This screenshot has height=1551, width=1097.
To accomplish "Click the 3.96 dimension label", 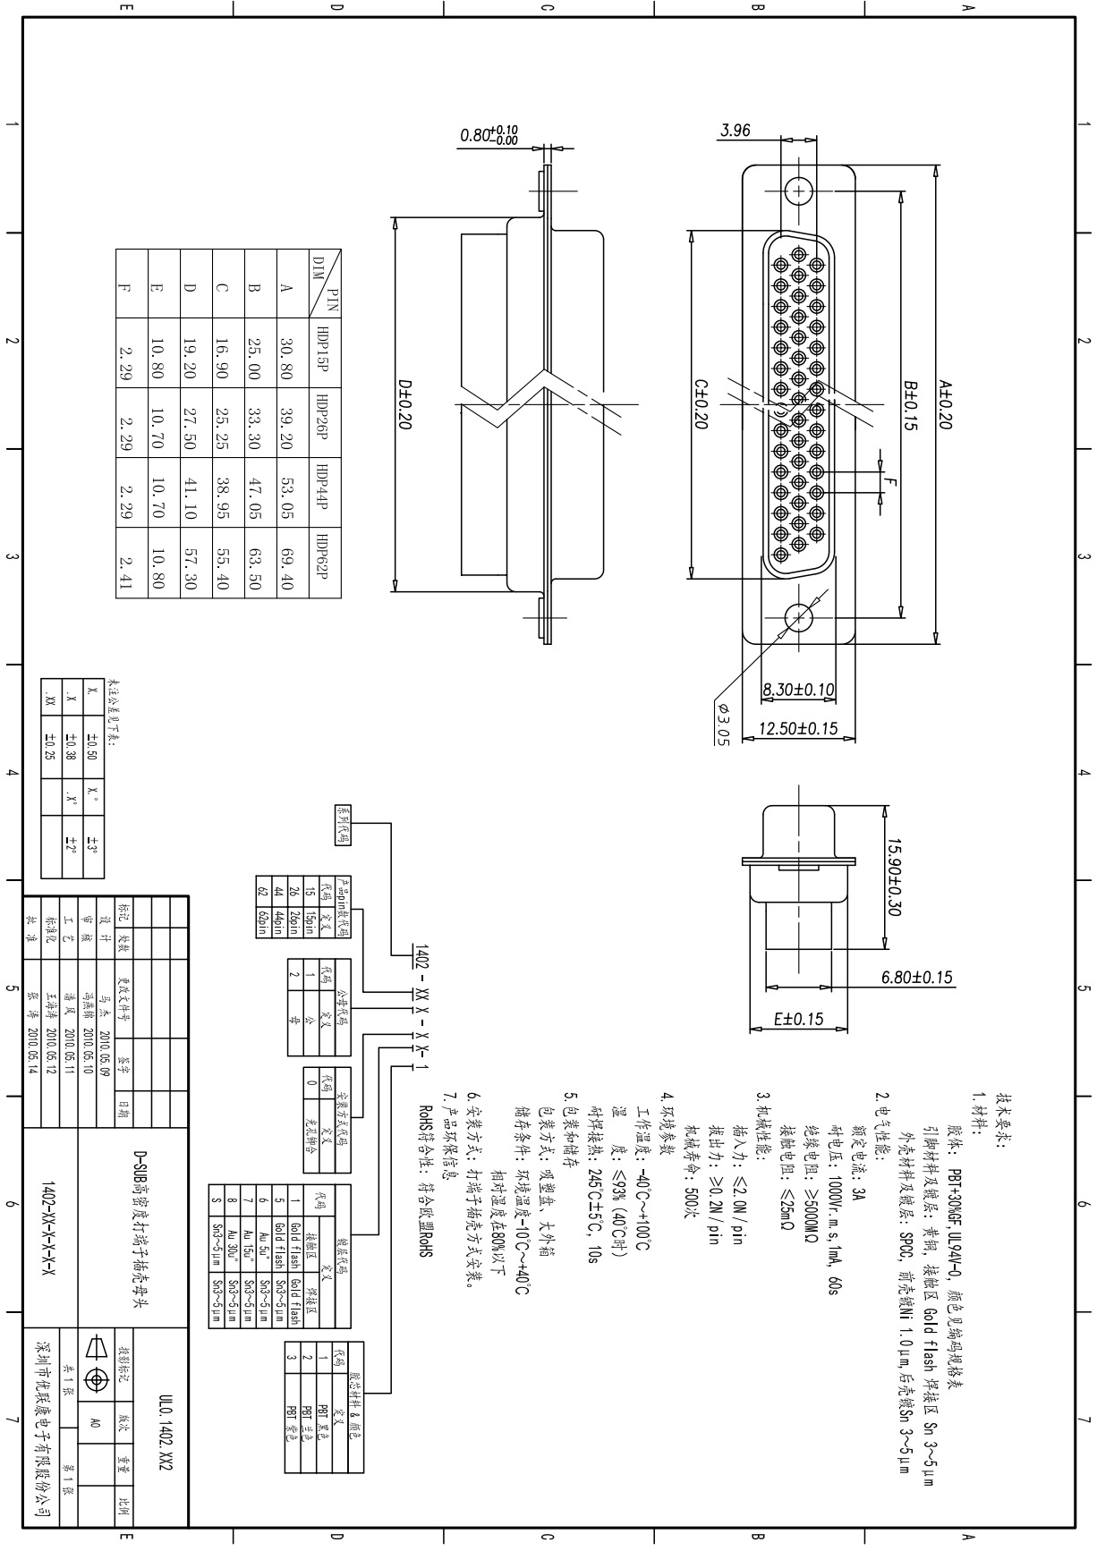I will tap(735, 131).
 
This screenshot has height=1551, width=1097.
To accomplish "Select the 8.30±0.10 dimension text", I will tap(798, 690).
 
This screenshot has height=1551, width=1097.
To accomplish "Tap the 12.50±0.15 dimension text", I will tap(798, 728).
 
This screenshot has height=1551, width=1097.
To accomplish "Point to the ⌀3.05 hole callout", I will tap(723, 723).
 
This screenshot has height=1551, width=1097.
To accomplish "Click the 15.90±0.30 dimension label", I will tap(893, 877).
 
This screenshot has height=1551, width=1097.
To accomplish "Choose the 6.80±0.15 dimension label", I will tap(917, 977).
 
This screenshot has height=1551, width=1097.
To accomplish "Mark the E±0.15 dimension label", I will tap(798, 1019).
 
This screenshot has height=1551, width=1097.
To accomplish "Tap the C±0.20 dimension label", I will tap(702, 403).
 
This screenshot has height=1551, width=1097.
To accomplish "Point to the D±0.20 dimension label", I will tap(404, 405).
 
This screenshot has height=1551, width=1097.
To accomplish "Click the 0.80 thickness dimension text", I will tap(489, 135).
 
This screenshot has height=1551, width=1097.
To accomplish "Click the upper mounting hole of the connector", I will tap(797, 191).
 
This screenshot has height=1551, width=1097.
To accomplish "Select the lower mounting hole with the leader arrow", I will tap(797, 617).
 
